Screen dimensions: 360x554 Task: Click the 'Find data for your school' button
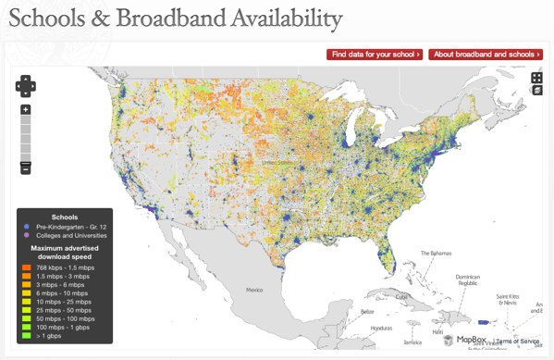[375, 55]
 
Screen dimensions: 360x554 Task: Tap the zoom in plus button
[26, 109]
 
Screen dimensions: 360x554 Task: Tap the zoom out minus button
[26, 168]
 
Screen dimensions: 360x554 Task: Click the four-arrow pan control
[26, 85]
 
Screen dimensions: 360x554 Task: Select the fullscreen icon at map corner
[536, 78]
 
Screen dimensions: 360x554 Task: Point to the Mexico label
[255, 290]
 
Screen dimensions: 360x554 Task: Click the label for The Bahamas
[437, 254]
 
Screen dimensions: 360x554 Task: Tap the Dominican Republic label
[470, 281]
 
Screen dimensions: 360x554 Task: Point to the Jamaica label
[412, 341]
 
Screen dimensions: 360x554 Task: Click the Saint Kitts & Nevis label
[507, 299]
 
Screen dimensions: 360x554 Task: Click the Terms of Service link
[517, 341]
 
